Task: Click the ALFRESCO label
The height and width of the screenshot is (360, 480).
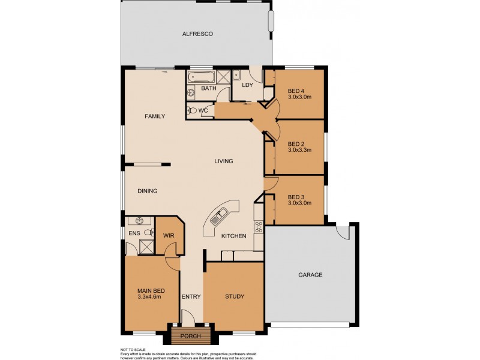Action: tap(197, 34)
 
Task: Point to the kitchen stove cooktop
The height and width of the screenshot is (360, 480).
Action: tap(259, 227)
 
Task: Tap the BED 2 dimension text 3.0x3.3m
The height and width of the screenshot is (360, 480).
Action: tap(299, 150)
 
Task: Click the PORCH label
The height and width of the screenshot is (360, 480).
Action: tap(190, 336)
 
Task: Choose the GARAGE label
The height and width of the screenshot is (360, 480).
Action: tap(310, 275)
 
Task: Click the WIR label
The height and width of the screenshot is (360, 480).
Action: tap(168, 236)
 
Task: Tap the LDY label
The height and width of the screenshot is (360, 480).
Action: tap(247, 85)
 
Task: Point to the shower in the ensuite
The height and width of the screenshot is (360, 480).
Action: tap(145, 245)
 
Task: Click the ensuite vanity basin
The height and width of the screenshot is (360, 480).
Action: tap(140, 221)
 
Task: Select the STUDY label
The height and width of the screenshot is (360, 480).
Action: tap(235, 296)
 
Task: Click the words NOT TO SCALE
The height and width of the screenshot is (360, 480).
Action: tap(133, 349)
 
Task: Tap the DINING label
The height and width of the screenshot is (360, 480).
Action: tap(147, 191)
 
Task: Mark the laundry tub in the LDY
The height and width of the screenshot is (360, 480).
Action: tap(237, 75)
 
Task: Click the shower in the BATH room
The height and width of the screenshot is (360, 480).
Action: tap(223, 76)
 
